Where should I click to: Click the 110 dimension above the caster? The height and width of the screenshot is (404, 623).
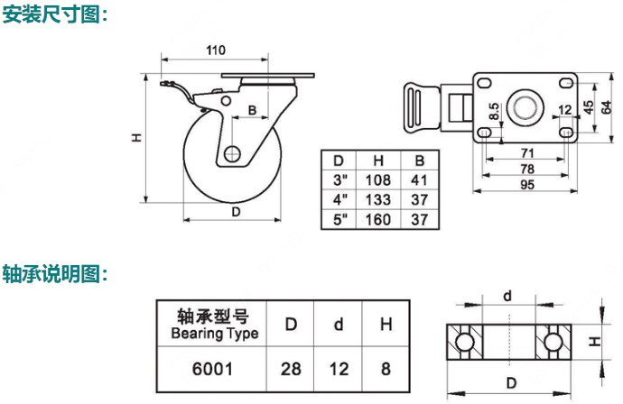tap(215, 50)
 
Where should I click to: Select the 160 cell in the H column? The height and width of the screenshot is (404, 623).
tap(377, 219)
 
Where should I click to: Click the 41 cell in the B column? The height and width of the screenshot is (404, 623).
tap(419, 179)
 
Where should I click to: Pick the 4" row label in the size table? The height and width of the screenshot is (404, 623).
tap(340, 199)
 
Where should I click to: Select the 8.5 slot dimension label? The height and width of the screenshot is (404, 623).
tap(495, 113)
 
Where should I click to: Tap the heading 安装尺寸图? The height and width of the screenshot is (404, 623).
tap(55, 14)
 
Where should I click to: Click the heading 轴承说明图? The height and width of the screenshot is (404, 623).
tap(55, 271)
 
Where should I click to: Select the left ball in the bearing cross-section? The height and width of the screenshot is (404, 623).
tap(463, 342)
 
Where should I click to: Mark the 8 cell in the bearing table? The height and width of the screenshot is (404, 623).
tap(386, 368)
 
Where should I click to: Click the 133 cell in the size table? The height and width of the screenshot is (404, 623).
tap(377, 199)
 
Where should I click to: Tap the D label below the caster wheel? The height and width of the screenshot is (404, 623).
tap(236, 212)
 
